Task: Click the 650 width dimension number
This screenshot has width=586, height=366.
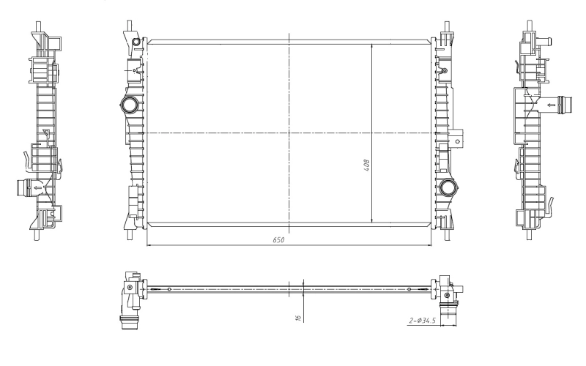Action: (x=278, y=239)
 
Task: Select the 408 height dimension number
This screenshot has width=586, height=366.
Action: (x=366, y=166)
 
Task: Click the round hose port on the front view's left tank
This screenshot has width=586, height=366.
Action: (x=131, y=106)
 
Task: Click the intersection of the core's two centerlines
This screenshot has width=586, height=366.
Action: (x=290, y=132)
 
